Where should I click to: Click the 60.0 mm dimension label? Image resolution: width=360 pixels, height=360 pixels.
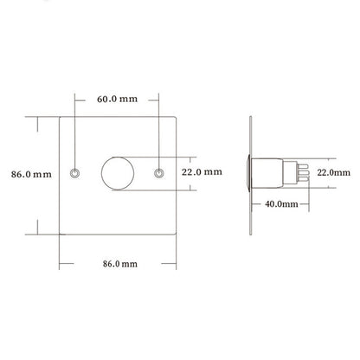point(117,99)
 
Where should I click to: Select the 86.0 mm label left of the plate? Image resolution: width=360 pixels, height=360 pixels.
point(31,174)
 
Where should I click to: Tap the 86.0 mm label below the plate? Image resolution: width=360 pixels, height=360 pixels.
point(120,264)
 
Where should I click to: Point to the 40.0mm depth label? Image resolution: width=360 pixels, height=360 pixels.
point(281,204)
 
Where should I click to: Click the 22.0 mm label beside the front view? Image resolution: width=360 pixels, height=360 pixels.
point(202,172)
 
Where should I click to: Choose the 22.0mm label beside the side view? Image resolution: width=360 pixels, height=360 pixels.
point(334,172)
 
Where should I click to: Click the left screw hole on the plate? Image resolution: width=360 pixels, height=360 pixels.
point(75,173)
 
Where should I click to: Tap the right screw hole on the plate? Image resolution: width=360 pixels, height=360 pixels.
point(159,173)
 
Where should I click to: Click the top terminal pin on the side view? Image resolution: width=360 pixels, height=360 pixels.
point(303,166)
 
